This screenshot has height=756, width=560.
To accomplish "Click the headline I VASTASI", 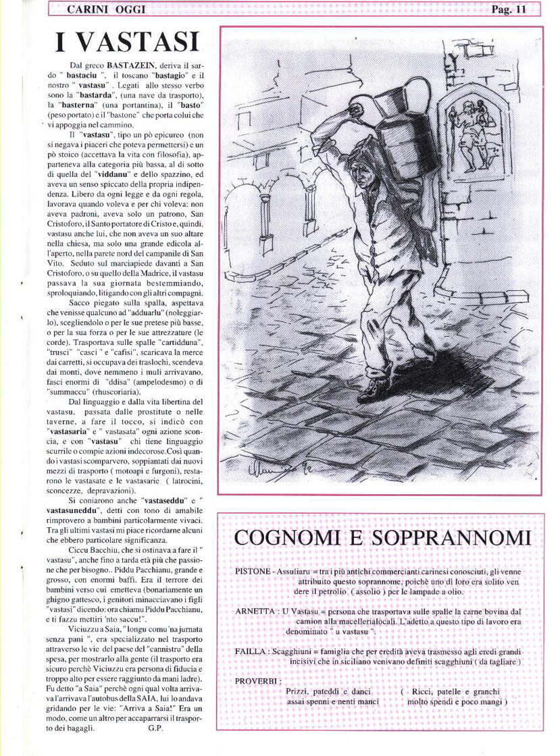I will pyautogui.click(x=127, y=42).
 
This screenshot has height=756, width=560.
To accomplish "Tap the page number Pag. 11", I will pyautogui.click(x=509, y=9).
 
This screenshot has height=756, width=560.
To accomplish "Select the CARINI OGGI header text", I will pyautogui.click(x=106, y=9).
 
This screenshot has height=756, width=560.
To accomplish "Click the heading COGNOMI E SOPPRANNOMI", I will pyautogui.click(x=382, y=538).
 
